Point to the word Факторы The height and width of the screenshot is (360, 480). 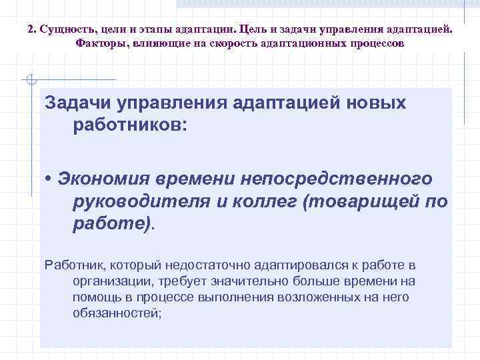[x=99, y=43]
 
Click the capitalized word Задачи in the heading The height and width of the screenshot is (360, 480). [x=79, y=103]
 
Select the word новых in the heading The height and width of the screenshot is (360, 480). [x=377, y=103]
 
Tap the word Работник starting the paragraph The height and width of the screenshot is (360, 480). [x=71, y=265]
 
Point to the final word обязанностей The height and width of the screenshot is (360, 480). [x=117, y=313]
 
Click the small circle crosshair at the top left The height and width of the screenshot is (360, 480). [x=29, y=80]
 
